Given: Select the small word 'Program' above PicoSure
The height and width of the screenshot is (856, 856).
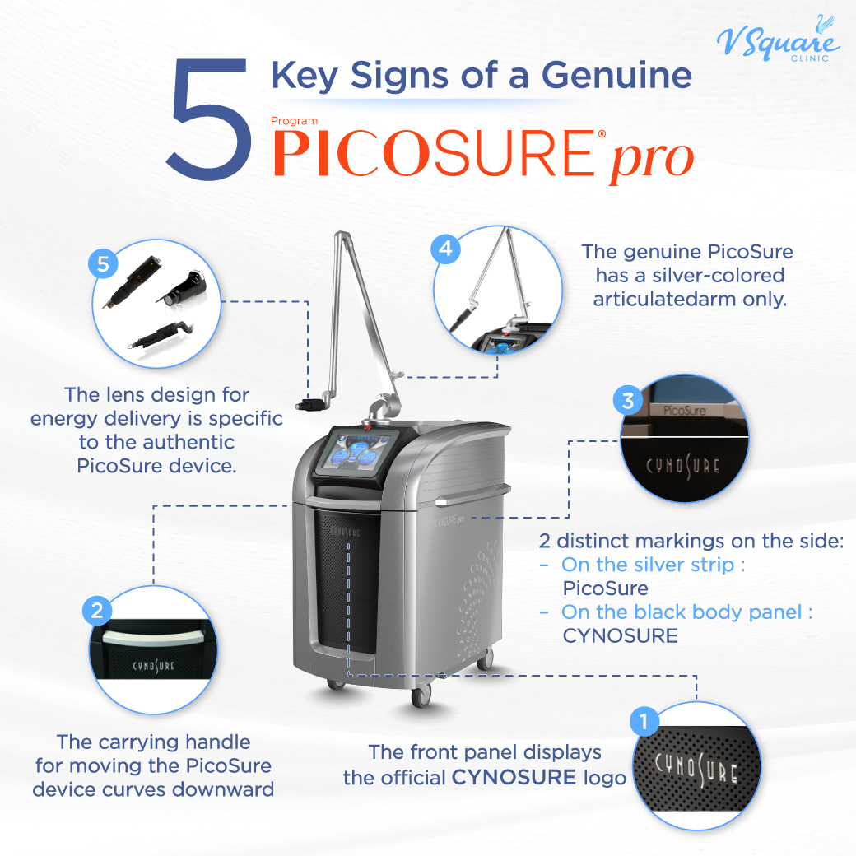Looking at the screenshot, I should coord(294,121).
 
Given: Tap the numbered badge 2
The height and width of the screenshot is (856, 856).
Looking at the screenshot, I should coord(97,610).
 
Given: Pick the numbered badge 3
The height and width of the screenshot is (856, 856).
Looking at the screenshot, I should coord(628,401).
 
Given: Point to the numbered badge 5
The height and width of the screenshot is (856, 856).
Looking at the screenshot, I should coord(102,265).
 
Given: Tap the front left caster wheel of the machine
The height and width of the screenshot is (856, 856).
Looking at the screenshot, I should coord(335,682).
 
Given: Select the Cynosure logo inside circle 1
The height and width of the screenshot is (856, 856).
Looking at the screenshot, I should coord(696,769).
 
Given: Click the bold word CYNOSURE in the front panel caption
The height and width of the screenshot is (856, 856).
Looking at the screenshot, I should coord(514,776).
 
